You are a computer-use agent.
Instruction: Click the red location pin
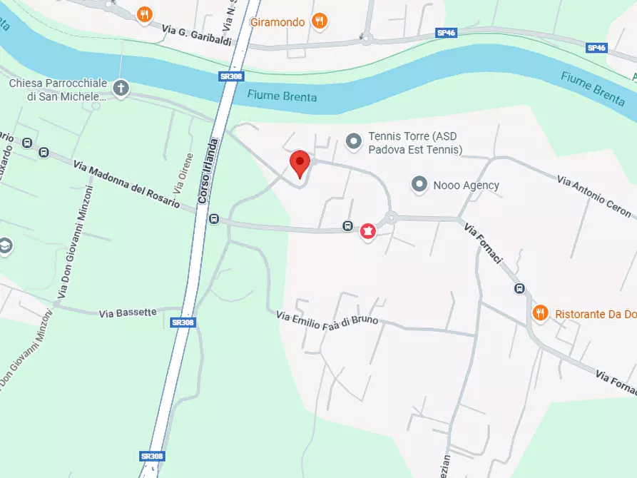(x=300, y=163)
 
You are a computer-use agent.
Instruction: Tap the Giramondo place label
(x=277, y=22)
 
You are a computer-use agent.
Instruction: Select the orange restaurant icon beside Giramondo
(x=320, y=21)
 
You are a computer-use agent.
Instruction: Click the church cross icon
(x=121, y=88)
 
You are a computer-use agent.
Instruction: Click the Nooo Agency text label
(x=466, y=185)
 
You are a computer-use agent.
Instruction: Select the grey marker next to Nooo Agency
(x=419, y=185)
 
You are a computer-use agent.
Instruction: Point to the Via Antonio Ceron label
(x=594, y=197)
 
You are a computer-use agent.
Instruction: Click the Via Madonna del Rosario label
(x=126, y=184)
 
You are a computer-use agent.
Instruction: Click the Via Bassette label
(x=128, y=312)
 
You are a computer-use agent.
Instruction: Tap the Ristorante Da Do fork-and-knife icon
(x=540, y=312)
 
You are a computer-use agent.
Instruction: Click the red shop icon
(x=368, y=232)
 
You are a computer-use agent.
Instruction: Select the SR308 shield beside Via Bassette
(x=183, y=322)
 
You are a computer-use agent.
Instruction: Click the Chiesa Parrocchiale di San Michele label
(x=58, y=90)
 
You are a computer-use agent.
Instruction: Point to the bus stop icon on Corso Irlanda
(x=214, y=219)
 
